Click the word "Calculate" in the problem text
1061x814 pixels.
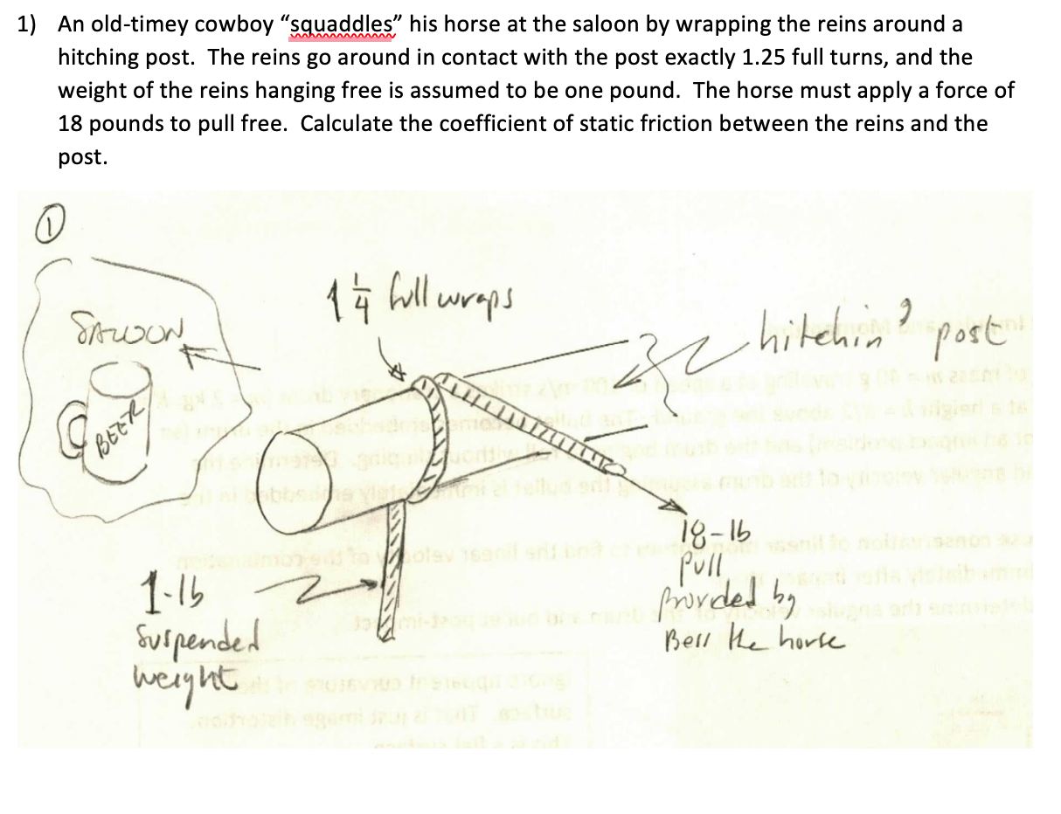tap(346, 123)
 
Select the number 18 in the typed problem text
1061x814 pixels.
tap(73, 123)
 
